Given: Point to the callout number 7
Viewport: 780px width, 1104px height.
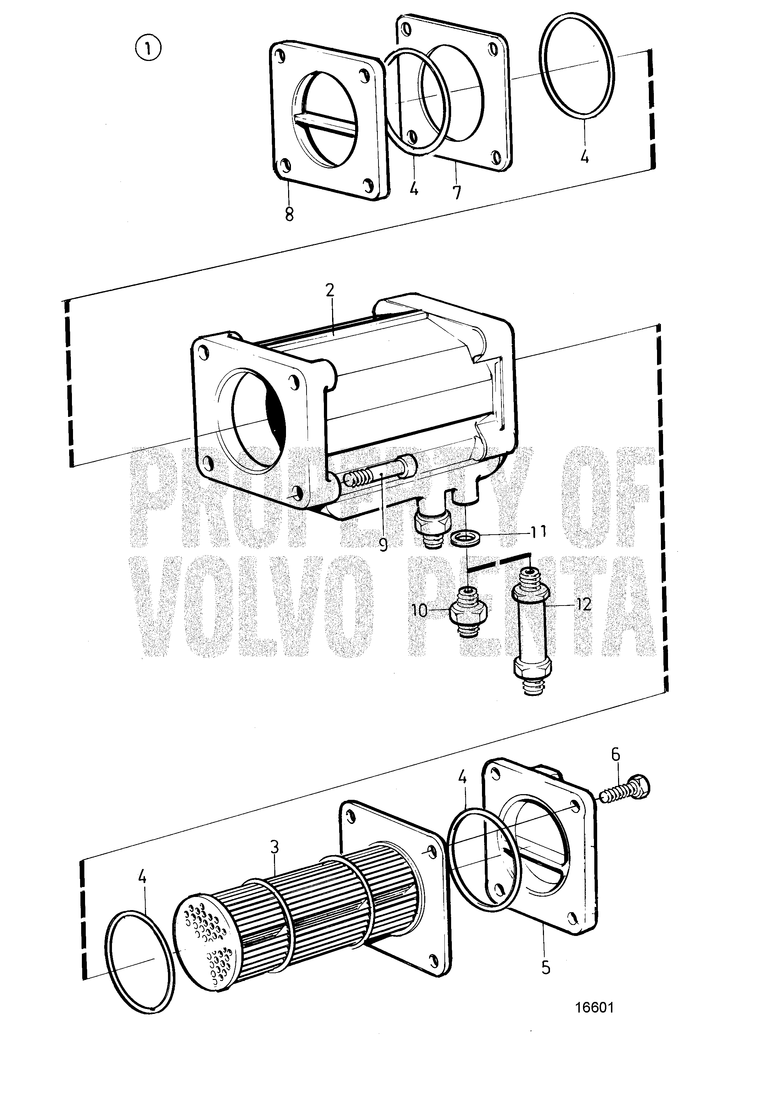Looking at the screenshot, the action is (456, 192).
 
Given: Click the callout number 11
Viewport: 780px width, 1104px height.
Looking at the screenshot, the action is (538, 532).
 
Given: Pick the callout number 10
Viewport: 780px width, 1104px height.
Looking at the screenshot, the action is (419, 610).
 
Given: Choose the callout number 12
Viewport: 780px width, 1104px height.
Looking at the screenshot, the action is (584, 604).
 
